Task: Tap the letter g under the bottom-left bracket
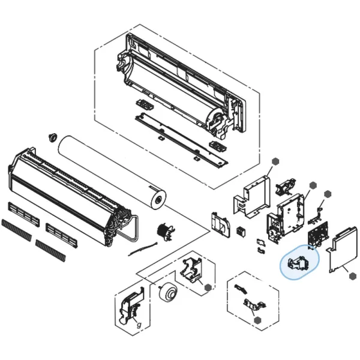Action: [139, 325]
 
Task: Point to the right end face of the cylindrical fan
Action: [157, 199]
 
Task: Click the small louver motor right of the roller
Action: [163, 231]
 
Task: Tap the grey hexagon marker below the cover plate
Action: [348, 276]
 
